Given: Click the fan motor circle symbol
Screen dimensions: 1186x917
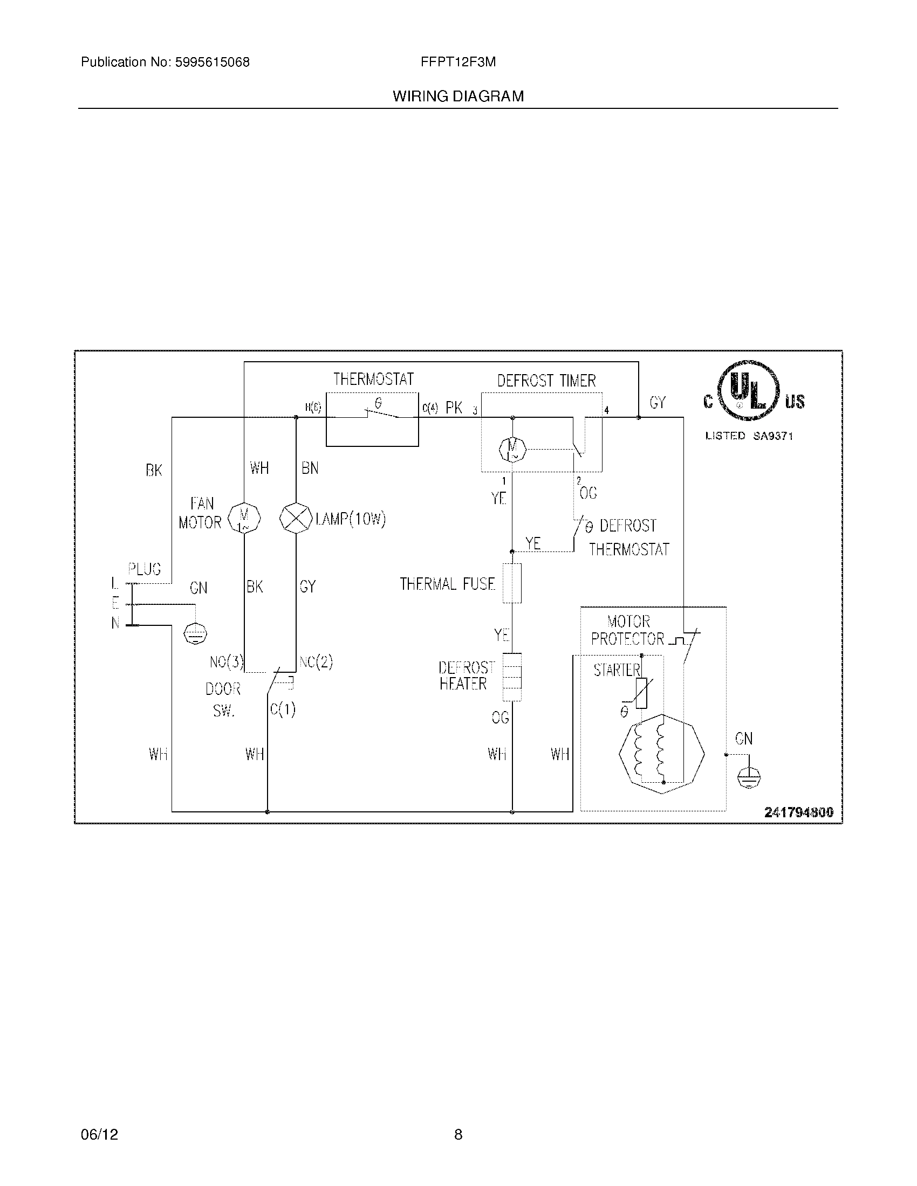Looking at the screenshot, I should coord(244,518).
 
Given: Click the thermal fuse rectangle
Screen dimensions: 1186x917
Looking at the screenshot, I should coord(512,583).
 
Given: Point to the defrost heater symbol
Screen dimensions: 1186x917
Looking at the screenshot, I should coord(512,677).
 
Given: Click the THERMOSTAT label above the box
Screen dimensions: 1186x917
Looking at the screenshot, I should coord(373,379).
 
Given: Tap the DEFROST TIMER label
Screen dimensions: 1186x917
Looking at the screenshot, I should coord(546,381).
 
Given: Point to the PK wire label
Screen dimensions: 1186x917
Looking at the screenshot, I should coord(454,408).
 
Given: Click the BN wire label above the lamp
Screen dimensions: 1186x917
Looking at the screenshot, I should coord(310,468).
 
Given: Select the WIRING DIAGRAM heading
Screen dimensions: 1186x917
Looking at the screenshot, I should coord(458,96).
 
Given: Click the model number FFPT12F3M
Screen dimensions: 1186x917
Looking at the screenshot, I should coord(458,63).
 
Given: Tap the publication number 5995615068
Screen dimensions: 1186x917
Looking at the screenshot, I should coord(212,63).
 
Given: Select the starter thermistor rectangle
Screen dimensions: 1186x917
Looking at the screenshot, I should coord(641,693).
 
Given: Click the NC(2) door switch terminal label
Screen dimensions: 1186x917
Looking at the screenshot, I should coord(316,662).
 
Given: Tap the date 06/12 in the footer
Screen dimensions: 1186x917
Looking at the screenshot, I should coord(99,1134).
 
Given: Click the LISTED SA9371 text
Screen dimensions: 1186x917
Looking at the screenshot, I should coord(749,436).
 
